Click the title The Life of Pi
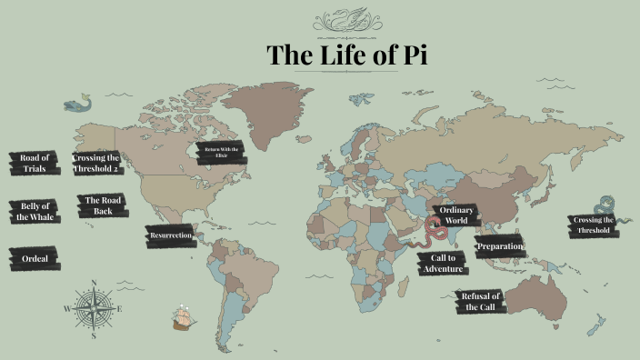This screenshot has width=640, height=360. pos(346,55)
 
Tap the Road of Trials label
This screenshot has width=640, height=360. pos(34,163)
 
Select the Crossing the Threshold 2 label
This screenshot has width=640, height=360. pos(96,163)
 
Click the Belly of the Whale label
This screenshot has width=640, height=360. pos(34,211)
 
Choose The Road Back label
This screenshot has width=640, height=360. pos(102,205)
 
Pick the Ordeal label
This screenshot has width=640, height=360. pos(35,259)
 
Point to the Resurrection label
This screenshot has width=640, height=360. pos(170,236)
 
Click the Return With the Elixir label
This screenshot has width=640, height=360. pos(221,153)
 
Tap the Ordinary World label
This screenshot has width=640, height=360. pos(455,215)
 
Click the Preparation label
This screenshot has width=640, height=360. pos(500,246)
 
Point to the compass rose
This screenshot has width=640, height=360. pos(94,308)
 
